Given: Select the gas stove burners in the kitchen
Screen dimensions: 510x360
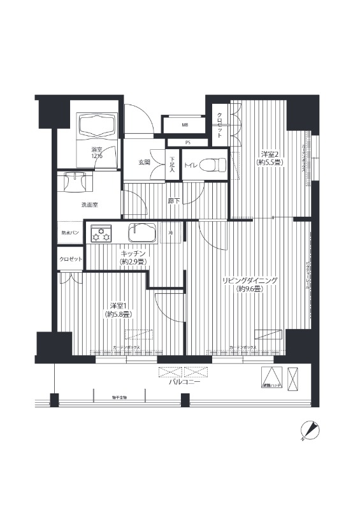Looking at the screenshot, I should pyautogui.click(x=101, y=234).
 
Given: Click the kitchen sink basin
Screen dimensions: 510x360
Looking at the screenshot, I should pyautogui.click(x=143, y=233).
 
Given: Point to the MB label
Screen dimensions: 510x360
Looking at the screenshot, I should pyautogui.click(x=185, y=124).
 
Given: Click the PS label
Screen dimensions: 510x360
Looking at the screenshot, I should pyautogui.click(x=187, y=142).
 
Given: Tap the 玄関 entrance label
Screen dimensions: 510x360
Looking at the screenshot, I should pyautogui.click(x=144, y=163).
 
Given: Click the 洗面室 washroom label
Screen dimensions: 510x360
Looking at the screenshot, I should pyautogui.click(x=89, y=205).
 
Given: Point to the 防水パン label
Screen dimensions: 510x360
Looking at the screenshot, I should pyautogui.click(x=70, y=233).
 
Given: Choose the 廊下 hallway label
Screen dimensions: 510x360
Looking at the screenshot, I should pyautogui.click(x=173, y=201).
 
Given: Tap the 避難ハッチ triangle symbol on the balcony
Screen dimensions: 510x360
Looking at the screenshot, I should pyautogui.click(x=271, y=376).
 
